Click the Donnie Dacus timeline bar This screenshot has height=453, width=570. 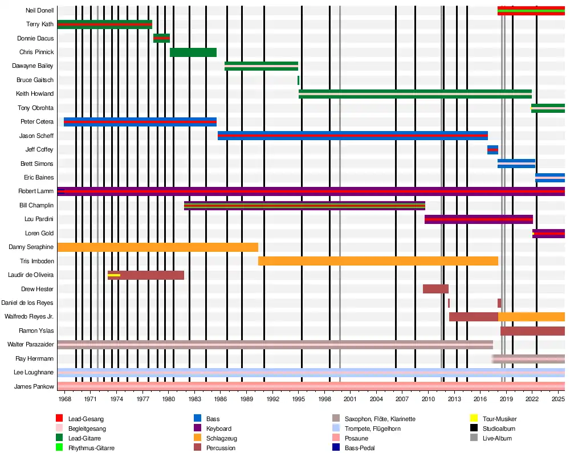pyautogui.click(x=161, y=38)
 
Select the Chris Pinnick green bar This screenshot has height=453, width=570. pyautogui.click(x=193, y=52)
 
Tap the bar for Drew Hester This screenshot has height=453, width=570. pyautogui.click(x=435, y=289)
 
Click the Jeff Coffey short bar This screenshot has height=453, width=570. pyautogui.click(x=492, y=150)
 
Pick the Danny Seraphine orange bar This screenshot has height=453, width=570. pyautogui.click(x=158, y=247)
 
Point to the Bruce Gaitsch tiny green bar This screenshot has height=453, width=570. pyautogui.click(x=298, y=80)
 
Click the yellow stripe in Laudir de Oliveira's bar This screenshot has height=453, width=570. pyautogui.click(x=114, y=275)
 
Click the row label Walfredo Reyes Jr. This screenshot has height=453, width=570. pyautogui.click(x=29, y=317)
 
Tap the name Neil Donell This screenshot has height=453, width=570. pyautogui.click(x=40, y=11)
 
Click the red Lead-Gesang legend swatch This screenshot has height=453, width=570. pyautogui.click(x=59, y=419)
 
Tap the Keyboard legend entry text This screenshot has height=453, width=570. pyautogui.click(x=219, y=428)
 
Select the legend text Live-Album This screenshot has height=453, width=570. pyautogui.click(x=497, y=438)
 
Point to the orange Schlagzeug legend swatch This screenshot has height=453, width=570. pyautogui.click(x=198, y=438)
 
